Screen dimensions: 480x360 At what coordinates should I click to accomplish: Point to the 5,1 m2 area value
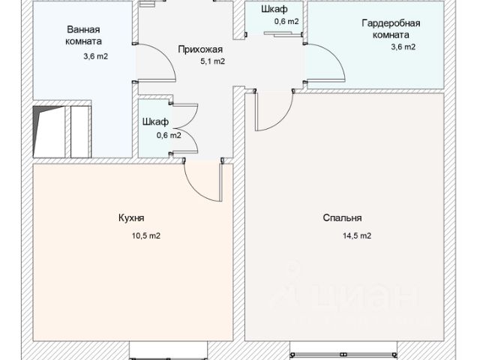coord(212,61)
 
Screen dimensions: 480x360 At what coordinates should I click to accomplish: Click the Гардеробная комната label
coord(390,29)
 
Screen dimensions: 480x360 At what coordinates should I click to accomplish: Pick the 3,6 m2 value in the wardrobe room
coord(403,46)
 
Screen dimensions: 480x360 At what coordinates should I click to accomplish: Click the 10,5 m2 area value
coord(146,236)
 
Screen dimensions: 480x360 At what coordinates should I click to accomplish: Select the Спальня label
coord(342,218)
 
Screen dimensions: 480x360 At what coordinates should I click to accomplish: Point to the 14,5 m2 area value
coord(357,236)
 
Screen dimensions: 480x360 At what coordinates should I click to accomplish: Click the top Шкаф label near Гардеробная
coord(274,10)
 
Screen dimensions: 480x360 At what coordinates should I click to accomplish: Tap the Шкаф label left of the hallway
coord(155,121)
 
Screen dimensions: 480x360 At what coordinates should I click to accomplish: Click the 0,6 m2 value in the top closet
coord(286,22)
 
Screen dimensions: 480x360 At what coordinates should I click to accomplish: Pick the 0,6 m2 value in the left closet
coord(168,136)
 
